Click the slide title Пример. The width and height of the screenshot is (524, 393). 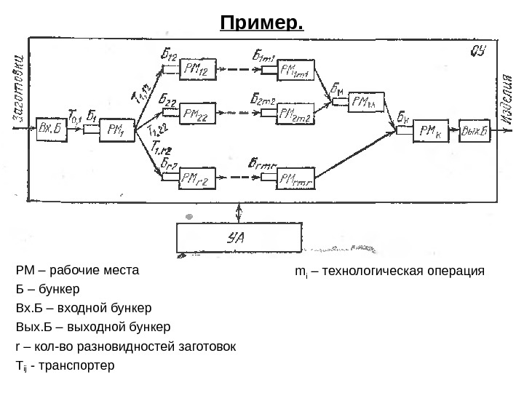pos(261,24)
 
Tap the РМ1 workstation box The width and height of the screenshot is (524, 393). pos(116,130)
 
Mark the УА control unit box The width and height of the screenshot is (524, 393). pos(239,237)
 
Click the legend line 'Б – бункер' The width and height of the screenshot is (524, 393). pos(47,288)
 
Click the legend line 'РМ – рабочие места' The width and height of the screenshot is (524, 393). pos(76,270)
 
